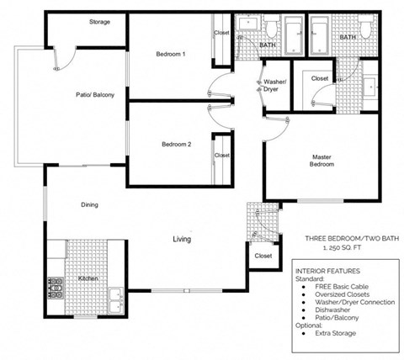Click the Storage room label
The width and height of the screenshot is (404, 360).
(99, 21)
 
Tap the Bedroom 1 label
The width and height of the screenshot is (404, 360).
(171, 55)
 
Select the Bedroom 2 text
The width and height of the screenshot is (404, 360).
(177, 145)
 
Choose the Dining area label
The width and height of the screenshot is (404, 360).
(90, 205)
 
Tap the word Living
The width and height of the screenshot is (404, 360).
(182, 240)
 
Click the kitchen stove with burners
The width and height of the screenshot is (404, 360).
(56, 289)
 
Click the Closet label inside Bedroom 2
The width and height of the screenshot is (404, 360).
(222, 156)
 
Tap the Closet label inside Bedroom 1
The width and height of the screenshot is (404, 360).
(221, 33)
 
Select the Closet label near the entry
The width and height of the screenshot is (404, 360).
(263, 256)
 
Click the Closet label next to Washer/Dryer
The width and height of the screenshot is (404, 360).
(320, 78)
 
